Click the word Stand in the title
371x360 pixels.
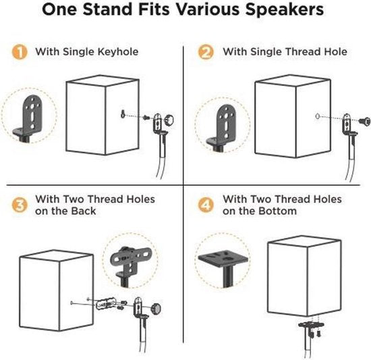click(109, 9)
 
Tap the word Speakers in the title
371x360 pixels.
click(285, 10)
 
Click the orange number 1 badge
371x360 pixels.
click(20, 52)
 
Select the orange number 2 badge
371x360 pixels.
click(206, 52)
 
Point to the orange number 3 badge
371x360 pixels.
click(20, 205)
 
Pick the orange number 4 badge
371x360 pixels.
click(206, 205)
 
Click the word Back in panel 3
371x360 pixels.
click(84, 211)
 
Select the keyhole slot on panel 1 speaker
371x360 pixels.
click(123, 113)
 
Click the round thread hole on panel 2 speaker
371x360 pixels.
click(318, 116)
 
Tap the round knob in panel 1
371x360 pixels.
click(169, 120)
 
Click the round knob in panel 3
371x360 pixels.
click(156, 308)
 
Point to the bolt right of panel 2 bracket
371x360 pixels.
click(364, 122)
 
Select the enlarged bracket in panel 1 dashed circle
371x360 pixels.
click(28, 118)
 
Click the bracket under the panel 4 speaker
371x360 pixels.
click(312, 328)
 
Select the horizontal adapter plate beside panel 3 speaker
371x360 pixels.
click(106, 304)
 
